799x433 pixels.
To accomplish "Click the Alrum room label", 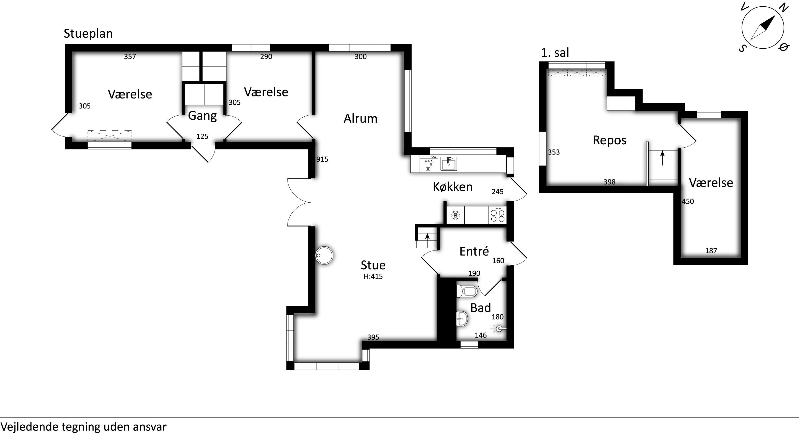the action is (x=360, y=119).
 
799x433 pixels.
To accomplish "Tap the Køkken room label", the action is (x=452, y=187).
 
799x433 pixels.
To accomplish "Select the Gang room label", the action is (x=202, y=116).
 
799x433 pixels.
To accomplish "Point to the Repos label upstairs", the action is (x=609, y=140).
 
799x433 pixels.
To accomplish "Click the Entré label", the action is (x=474, y=251).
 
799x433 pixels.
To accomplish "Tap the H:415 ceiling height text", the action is (x=373, y=276).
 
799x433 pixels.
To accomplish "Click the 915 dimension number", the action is (x=322, y=159).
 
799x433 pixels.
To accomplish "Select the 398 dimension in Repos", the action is (x=609, y=182).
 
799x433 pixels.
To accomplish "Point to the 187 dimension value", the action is (x=711, y=251).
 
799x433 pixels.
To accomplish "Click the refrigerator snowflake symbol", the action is (x=455, y=215).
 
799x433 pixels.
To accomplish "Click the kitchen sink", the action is (x=449, y=164).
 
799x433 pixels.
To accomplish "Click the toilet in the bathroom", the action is (x=467, y=291).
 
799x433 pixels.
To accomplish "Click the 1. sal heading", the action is (x=555, y=53).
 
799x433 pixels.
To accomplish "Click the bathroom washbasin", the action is (x=462, y=318).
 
